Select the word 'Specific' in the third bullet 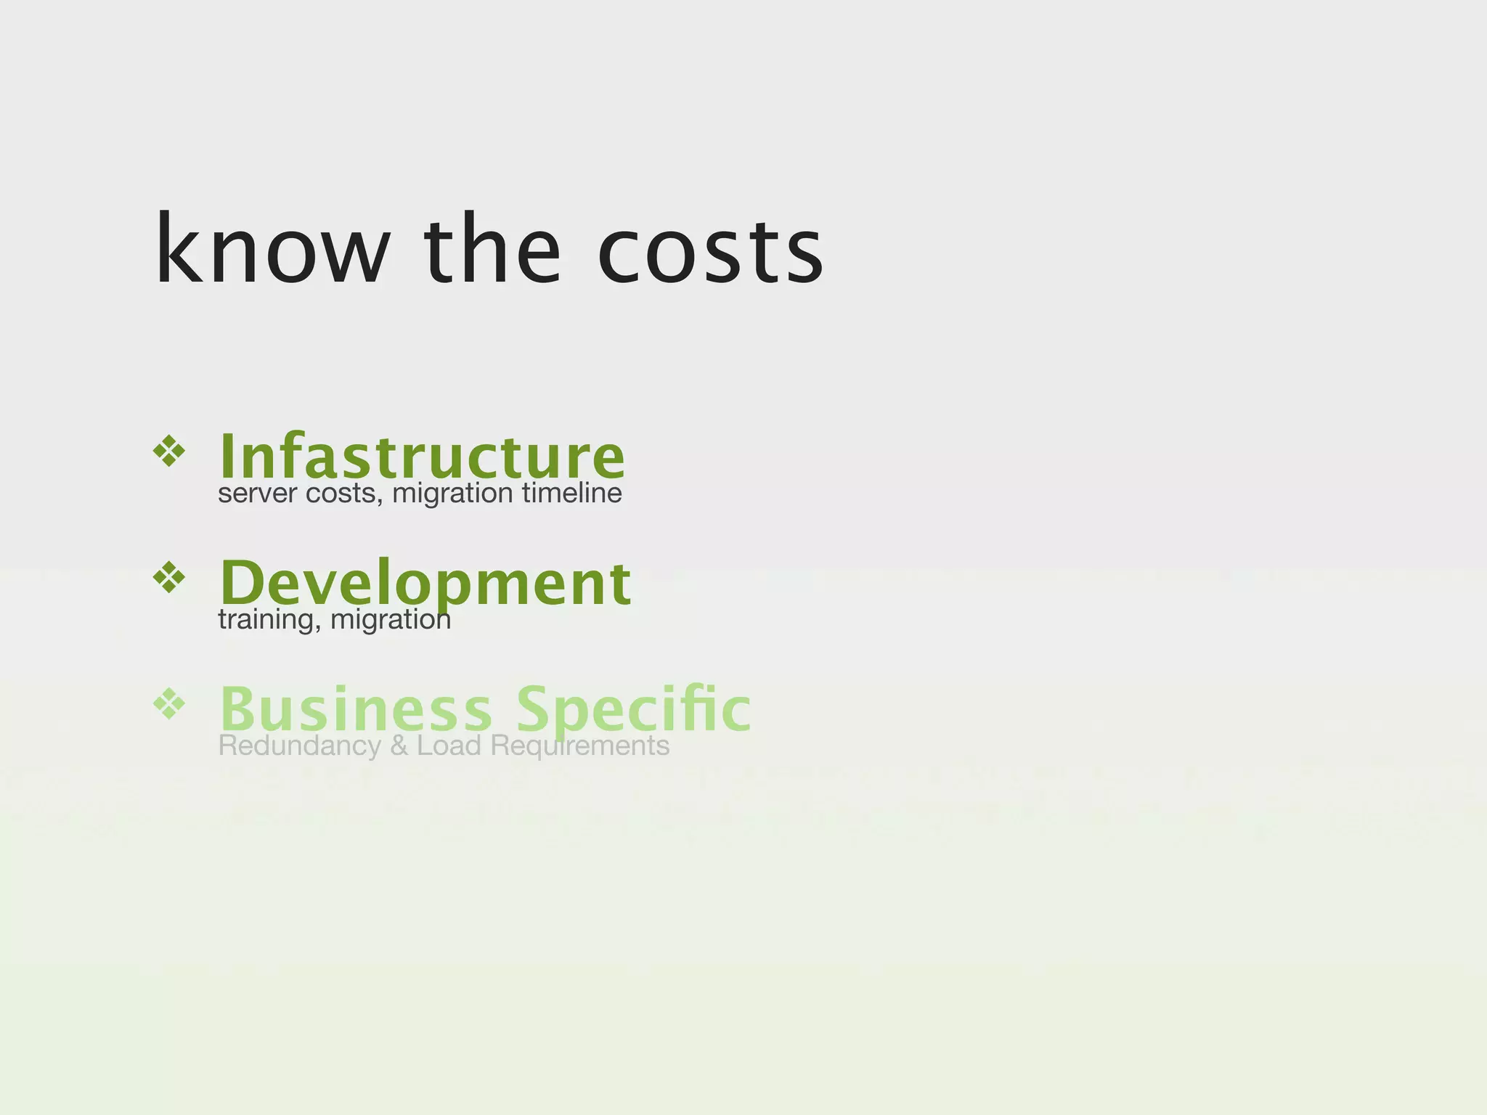point(633,709)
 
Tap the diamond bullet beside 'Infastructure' point(169,452)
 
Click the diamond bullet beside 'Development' point(169,578)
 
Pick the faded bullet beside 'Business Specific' point(169,703)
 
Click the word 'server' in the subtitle point(258,494)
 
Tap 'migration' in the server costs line point(452,494)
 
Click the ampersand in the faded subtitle point(399,746)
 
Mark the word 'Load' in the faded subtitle point(449,746)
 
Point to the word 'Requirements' point(579,746)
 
